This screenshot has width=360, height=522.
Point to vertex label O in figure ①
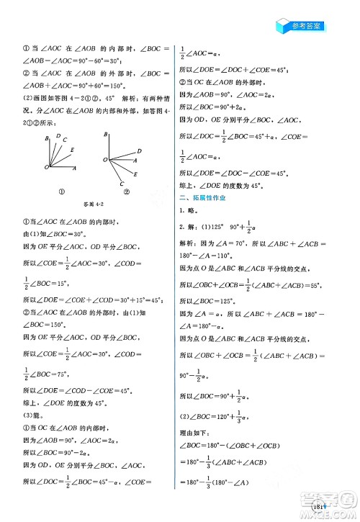[45, 166]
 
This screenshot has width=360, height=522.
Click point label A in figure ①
[76, 167]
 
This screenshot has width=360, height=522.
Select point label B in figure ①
[47, 137]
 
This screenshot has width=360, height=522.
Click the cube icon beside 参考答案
[282, 24]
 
